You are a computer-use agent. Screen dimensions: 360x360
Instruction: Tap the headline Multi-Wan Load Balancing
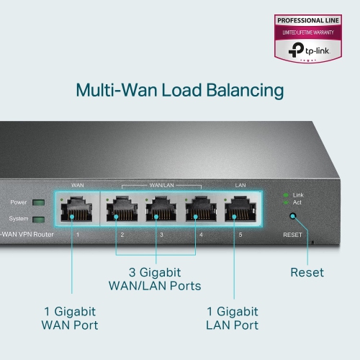180,91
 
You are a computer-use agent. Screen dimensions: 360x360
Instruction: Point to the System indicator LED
38,219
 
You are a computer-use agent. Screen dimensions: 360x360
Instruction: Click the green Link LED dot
286,195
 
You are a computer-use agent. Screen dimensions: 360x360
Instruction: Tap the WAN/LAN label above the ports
161,185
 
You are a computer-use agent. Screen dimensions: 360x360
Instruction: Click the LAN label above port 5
240,185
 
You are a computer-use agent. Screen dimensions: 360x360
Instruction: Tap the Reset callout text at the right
307,273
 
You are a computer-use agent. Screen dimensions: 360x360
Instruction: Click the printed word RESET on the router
292,234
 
